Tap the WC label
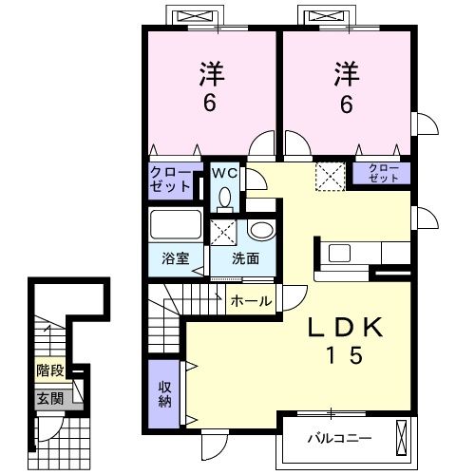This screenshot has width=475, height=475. coord(224,173)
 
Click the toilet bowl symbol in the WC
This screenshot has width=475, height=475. coord(224,197)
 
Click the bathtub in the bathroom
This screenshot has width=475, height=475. coord(176,226)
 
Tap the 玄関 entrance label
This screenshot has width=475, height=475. coord(49,399)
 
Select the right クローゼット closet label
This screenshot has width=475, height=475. coord(383,173)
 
